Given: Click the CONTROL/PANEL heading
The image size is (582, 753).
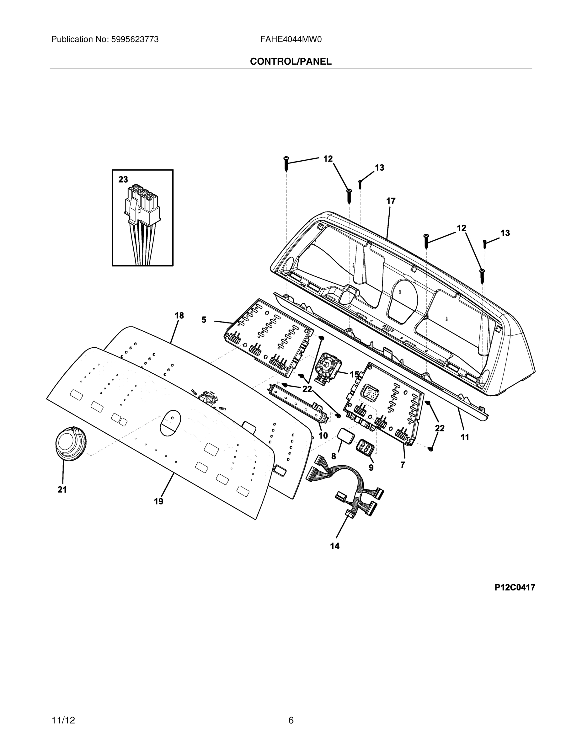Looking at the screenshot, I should pos(291,62).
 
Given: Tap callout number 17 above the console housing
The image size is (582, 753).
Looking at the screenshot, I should pos(390,201).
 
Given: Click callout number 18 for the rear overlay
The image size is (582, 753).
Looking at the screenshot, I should pos(179,315).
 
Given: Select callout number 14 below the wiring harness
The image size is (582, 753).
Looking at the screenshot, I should pos(334,546).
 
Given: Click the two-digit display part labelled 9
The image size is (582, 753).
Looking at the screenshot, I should pos(365,447).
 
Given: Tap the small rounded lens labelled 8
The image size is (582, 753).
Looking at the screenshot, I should pos(346,435).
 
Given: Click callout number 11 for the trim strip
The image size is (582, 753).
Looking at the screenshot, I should pos(465,437).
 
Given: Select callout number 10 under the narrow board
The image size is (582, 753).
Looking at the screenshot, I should pos(323,435).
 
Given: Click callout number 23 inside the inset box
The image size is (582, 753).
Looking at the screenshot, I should pos(123,179).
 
